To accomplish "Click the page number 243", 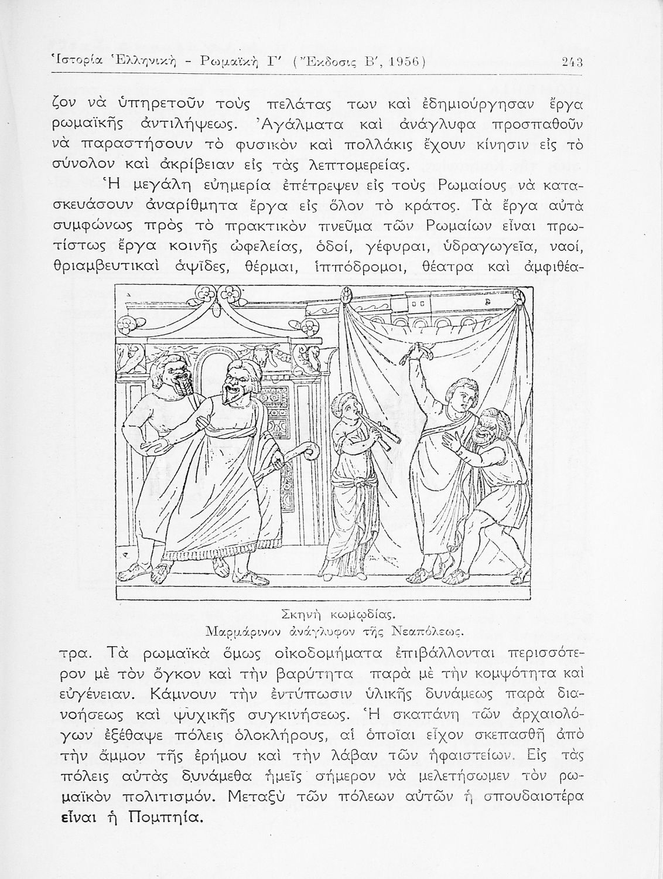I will coord(569,61).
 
